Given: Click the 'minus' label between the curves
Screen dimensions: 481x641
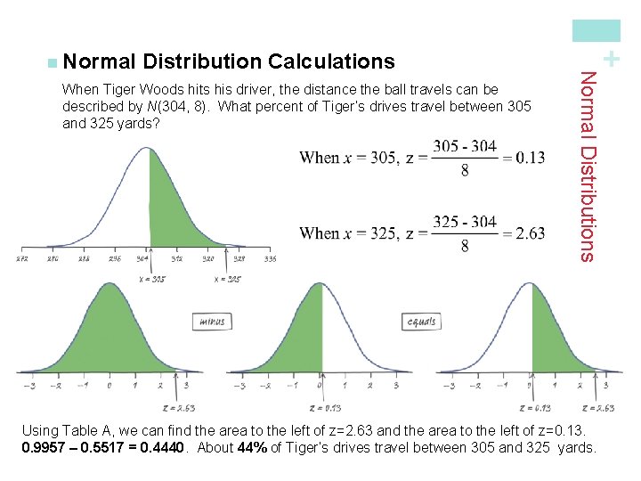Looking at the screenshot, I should click(x=212, y=322).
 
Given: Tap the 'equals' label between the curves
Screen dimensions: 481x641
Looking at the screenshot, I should click(x=421, y=322).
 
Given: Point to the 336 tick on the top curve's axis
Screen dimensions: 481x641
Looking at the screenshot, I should click(x=270, y=260).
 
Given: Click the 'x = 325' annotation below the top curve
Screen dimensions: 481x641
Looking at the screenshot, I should click(x=228, y=279).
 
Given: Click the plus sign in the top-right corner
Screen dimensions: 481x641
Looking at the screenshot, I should click(x=610, y=59).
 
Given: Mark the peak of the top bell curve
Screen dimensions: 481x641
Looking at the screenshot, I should click(x=144, y=148).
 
